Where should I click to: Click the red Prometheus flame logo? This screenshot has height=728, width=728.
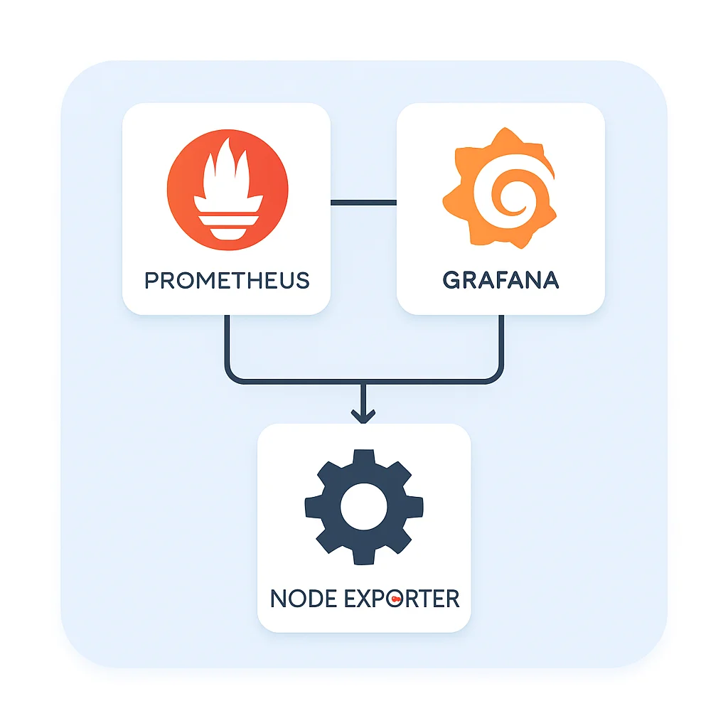[227, 189]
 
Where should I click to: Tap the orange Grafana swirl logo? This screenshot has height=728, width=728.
[500, 188]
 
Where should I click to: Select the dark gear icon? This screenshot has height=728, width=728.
[363, 506]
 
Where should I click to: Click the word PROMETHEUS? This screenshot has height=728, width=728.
[227, 280]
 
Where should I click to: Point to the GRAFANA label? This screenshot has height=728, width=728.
[500, 280]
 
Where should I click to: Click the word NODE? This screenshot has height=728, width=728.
[304, 599]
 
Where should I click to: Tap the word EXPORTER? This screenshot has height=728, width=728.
[402, 599]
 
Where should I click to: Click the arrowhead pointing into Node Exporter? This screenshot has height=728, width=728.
[363, 417]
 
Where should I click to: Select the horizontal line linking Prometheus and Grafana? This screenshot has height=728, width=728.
[363, 203]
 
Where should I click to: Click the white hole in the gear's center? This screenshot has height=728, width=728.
[363, 506]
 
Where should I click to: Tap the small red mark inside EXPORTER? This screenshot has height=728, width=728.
[395, 599]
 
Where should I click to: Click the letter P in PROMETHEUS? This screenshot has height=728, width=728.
[151, 280]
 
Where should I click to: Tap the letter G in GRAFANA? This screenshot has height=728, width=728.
[451, 280]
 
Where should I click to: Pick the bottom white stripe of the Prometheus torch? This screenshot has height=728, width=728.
[227, 233]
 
